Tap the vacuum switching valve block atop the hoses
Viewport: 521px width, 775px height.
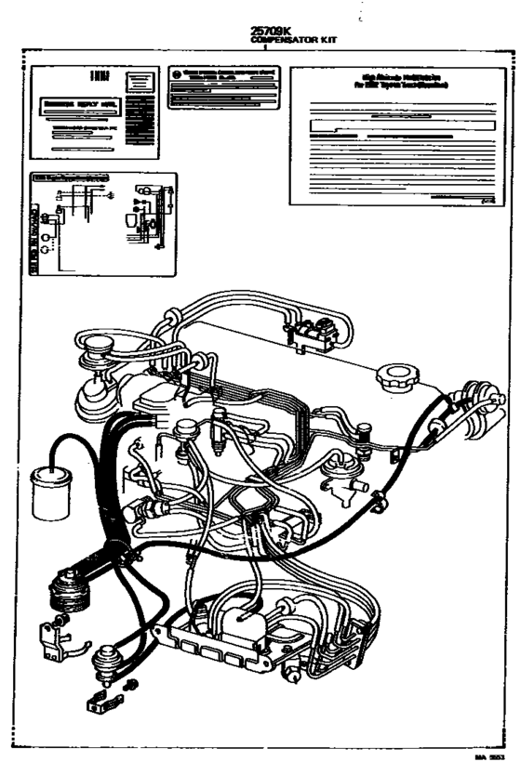click(x=311, y=333)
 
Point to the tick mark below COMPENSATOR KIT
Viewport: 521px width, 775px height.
click(x=265, y=46)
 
